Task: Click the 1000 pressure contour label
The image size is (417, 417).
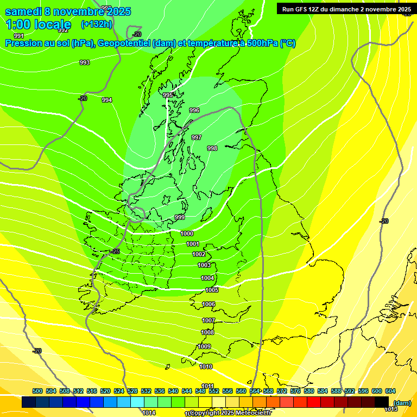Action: [187, 233]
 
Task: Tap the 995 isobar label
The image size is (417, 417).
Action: [168, 95]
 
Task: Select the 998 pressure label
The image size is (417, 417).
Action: [212, 148]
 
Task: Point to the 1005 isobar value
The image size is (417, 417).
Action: [212, 290]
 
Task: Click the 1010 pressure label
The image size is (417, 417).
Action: [206, 367]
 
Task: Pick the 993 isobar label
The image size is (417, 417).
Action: [85, 62]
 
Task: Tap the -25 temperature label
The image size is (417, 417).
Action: [115, 251]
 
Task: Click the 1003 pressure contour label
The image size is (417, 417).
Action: [204, 265]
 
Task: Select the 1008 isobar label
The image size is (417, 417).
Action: [207, 332]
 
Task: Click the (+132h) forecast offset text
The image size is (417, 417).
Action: [97, 24]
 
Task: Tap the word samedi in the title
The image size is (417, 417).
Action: [23, 11]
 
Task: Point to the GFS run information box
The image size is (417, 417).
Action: [346, 9]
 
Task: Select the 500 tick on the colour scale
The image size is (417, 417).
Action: [37, 391]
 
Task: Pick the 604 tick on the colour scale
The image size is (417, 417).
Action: [390, 391]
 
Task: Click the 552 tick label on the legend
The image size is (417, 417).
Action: [214, 391]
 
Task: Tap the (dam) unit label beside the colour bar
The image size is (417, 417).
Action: [402, 403]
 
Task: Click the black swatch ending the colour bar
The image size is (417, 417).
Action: [382, 402]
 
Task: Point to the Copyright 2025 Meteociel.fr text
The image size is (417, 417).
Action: [230, 413]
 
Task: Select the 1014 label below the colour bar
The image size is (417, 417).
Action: [149, 413]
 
